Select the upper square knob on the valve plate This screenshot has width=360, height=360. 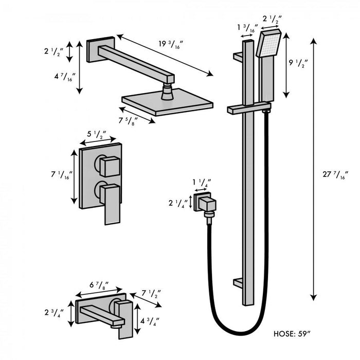pos(110,166)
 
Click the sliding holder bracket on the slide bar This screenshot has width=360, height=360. pos(249,109)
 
